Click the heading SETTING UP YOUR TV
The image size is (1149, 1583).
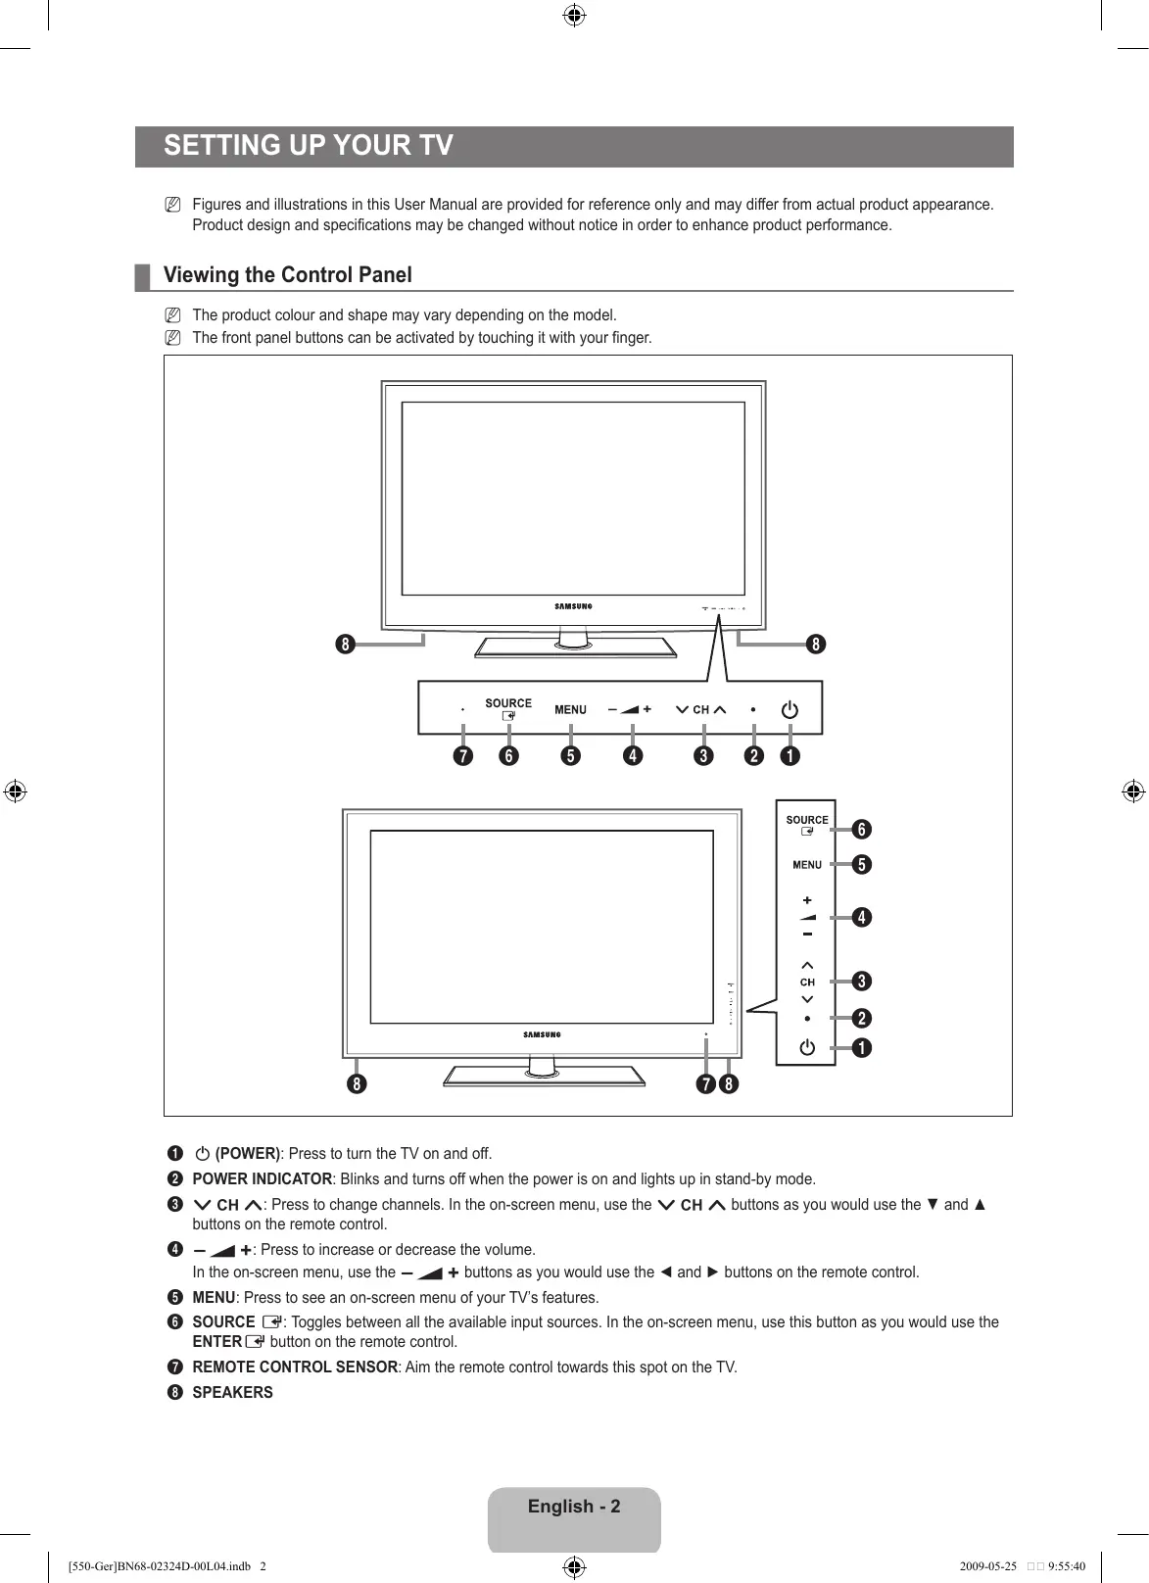[x=309, y=146]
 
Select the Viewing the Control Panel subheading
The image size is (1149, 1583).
[x=287, y=275]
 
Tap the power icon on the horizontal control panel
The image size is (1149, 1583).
[x=790, y=709]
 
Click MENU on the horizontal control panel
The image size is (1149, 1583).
[x=570, y=710]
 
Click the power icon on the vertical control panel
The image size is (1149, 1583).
[x=806, y=1048]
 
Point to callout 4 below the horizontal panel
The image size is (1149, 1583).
[x=633, y=756]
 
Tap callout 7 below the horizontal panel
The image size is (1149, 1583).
[x=461, y=756]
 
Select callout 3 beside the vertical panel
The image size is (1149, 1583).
[x=860, y=982]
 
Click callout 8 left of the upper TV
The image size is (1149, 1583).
[x=344, y=645]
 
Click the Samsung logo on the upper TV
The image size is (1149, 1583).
[x=573, y=606]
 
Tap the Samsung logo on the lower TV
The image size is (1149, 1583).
[x=542, y=1034]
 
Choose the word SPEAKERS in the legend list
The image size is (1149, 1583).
[x=233, y=1393]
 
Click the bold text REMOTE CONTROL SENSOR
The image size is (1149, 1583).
[x=295, y=1367]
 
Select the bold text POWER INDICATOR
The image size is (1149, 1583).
[x=262, y=1179]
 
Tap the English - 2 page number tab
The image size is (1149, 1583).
[x=574, y=1508]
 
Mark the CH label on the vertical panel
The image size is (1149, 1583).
[x=807, y=982]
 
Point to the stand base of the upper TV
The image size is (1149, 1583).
[x=575, y=648]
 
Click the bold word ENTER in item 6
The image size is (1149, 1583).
[x=217, y=1342]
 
